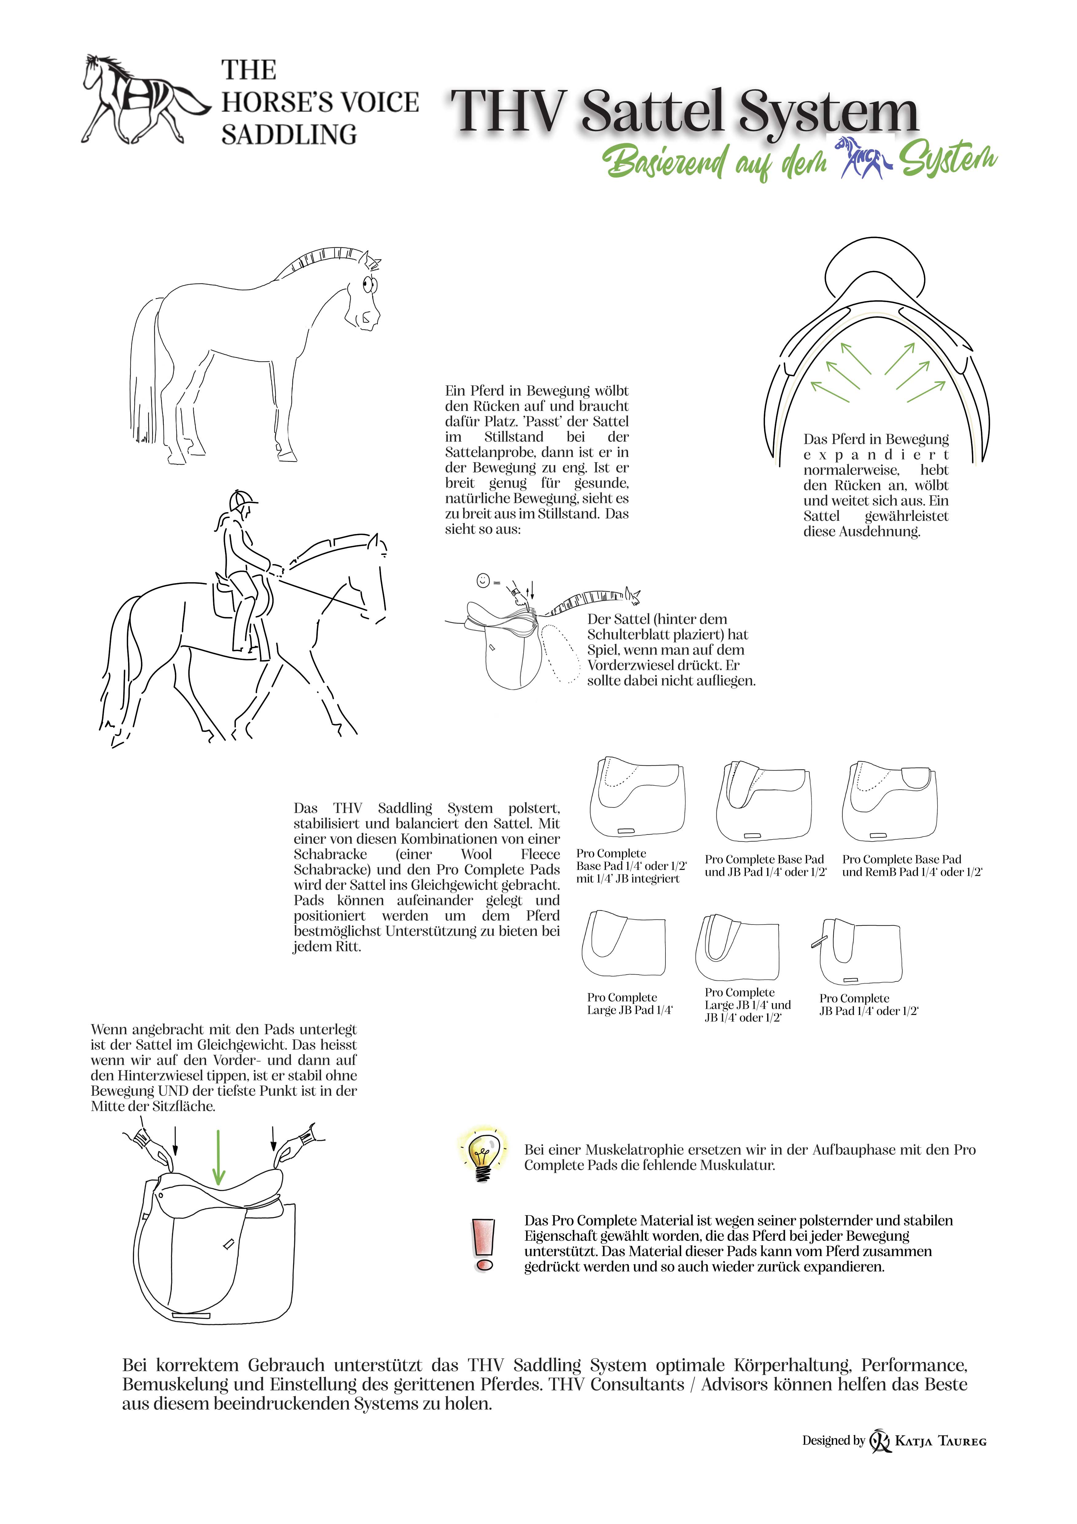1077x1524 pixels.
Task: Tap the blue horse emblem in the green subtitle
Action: coord(863,159)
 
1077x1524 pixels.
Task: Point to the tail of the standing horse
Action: coord(147,372)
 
